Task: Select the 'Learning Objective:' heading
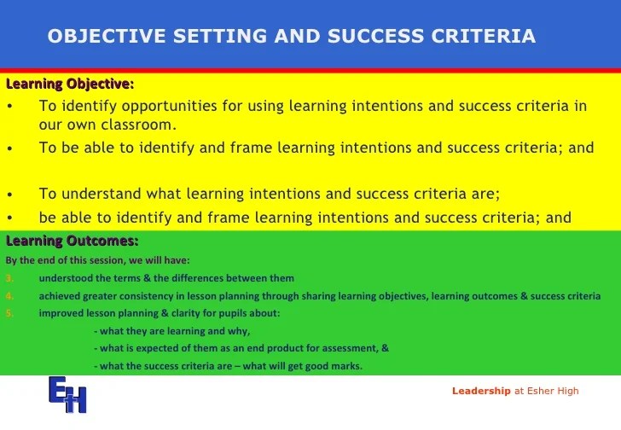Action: tap(70, 84)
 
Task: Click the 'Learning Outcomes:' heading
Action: tap(72, 241)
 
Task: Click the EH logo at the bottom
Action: tap(67, 394)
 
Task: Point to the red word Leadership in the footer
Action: tap(481, 391)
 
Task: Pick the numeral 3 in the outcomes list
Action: tap(9, 278)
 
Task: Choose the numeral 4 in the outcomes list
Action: tap(9, 296)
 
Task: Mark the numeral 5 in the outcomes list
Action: tap(9, 314)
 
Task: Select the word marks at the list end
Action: tap(349, 366)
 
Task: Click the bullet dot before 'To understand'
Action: tap(10, 195)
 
